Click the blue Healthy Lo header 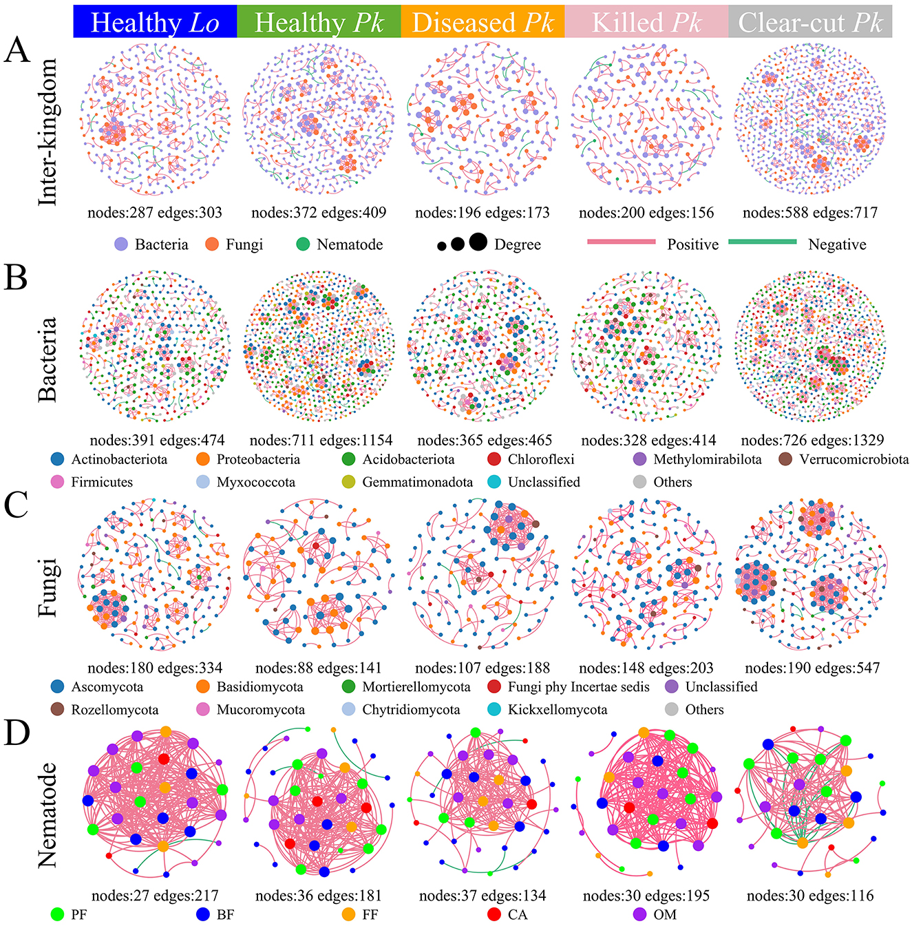[x=155, y=22]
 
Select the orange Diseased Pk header [x=482, y=22]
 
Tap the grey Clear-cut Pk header [x=810, y=22]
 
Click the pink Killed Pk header [x=646, y=22]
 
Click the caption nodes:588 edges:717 [x=810, y=213]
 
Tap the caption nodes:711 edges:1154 [x=321, y=440]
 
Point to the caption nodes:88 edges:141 [x=318, y=668]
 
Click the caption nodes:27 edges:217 [x=155, y=896]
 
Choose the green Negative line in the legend [x=762, y=242]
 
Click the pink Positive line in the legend [x=621, y=242]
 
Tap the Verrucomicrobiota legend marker [x=785, y=459]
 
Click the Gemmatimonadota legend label [x=417, y=482]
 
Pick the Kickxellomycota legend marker [x=494, y=709]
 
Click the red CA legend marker [x=494, y=914]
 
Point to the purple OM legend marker [x=639, y=914]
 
